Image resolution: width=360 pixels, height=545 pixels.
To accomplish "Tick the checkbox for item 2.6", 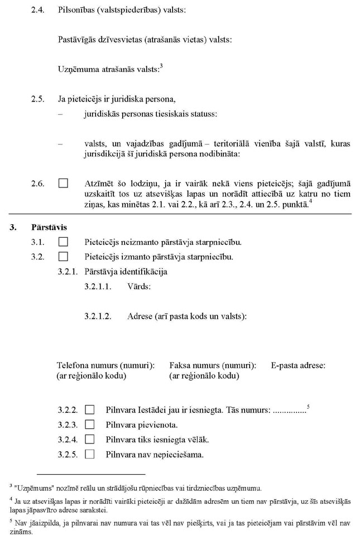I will click(63, 183).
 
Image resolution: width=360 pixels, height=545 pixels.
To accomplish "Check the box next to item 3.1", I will click(63, 242).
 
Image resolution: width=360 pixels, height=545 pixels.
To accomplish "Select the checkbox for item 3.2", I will click(63, 257).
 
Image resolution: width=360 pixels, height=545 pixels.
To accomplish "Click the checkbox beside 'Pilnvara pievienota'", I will click(89, 425).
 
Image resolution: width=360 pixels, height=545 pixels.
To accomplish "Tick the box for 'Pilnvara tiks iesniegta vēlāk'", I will click(89, 440).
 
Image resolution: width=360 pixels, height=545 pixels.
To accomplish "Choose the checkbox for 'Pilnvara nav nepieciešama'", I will click(89, 454).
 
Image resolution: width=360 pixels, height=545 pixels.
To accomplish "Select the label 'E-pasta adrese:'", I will click(298, 365).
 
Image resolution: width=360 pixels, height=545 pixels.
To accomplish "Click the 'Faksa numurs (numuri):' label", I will click(213, 365).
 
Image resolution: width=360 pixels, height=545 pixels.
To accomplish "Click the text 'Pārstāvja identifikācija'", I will click(126, 272).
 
